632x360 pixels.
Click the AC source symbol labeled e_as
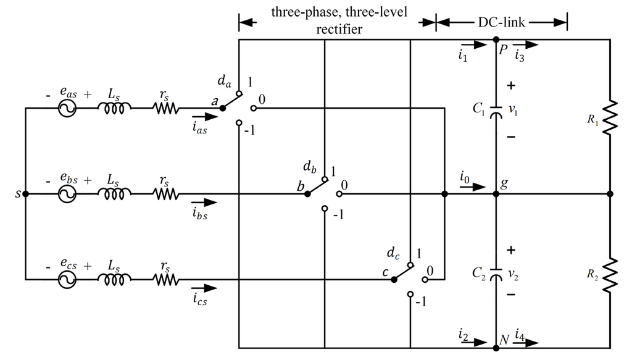point(66,108)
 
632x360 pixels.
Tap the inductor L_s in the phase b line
point(114,194)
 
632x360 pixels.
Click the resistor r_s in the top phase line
point(166,108)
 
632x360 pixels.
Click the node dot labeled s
point(25,194)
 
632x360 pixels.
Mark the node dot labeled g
point(496,194)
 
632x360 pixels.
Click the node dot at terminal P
point(496,39)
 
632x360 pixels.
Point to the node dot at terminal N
point(496,348)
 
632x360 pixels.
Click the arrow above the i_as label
point(204,115)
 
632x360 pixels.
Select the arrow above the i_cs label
point(204,288)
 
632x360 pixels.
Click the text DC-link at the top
point(501,21)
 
